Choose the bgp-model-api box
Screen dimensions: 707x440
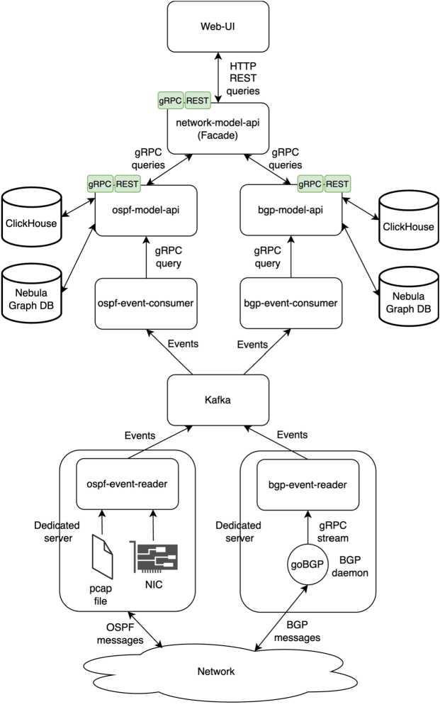pyautogui.click(x=290, y=211)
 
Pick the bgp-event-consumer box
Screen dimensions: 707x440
pyautogui.click(x=290, y=304)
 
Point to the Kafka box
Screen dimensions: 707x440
pyautogui.click(x=219, y=401)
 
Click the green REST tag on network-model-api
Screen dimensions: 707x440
pyautogui.click(x=197, y=101)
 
